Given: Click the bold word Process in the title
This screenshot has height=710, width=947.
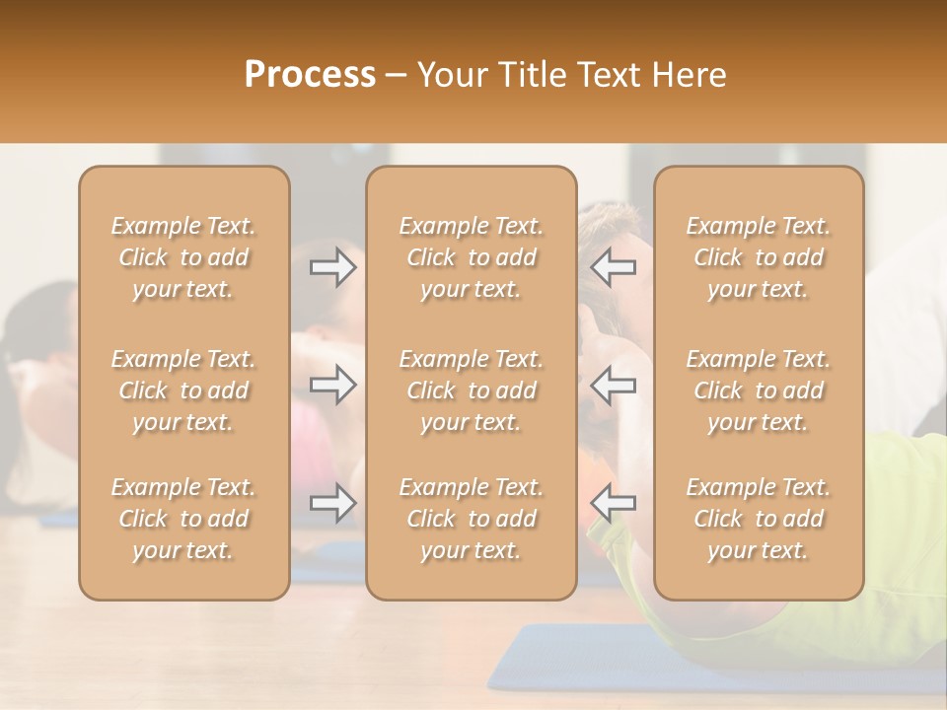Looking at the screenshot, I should (x=310, y=74).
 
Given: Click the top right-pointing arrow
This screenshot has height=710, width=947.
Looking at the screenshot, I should (x=332, y=267).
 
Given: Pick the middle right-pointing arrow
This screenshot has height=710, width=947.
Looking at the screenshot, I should (x=332, y=384).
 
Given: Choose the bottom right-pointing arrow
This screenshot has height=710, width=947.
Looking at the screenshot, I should (x=332, y=503).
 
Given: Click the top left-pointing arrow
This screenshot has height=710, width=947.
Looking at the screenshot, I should (x=614, y=267).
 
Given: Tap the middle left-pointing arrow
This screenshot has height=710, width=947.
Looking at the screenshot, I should (x=614, y=384).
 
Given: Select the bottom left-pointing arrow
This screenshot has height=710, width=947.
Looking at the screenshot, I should (x=614, y=503).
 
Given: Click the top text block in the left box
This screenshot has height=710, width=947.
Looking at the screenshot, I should (x=183, y=257).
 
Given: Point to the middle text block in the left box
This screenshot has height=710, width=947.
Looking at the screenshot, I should (x=183, y=390).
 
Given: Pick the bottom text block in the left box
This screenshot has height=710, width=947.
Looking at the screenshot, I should (x=183, y=519).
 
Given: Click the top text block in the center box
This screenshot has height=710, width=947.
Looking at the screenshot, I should (x=472, y=257).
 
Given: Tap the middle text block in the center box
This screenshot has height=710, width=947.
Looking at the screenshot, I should (x=472, y=390).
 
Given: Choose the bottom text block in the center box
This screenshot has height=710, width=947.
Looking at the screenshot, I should (x=472, y=519).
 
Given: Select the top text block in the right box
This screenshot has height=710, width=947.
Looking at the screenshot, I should (x=759, y=257).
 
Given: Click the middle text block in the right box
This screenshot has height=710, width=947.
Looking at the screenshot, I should (x=759, y=390).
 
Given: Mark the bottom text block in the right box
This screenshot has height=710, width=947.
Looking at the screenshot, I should (x=759, y=519).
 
